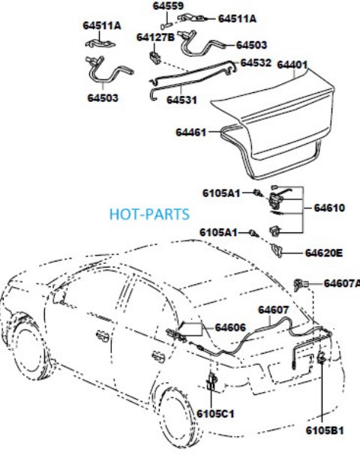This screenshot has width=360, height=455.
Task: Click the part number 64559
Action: click(x=168, y=6)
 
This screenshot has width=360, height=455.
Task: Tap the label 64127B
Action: click(x=155, y=37)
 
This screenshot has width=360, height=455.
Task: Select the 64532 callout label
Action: click(x=256, y=63)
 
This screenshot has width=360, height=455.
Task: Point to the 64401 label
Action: click(x=292, y=64)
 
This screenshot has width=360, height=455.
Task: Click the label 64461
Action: click(x=190, y=133)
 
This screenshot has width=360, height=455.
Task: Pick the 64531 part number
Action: click(x=181, y=100)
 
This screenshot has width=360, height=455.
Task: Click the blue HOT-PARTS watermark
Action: click(x=149, y=214)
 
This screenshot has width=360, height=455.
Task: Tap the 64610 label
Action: click(x=329, y=208)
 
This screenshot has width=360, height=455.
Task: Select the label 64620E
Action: click(x=323, y=253)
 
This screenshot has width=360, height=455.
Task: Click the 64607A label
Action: click(x=342, y=283)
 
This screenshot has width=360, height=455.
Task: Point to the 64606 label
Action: click(x=230, y=328)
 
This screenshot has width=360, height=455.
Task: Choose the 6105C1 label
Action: click(x=215, y=414)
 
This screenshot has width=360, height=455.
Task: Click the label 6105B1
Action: click(x=325, y=430)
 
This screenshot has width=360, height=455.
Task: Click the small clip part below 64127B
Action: click(x=155, y=58)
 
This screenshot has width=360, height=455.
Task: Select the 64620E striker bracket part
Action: click(x=277, y=250)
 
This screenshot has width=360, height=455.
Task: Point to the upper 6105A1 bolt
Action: click(x=258, y=193)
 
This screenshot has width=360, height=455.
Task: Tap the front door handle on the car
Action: click(x=103, y=336)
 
